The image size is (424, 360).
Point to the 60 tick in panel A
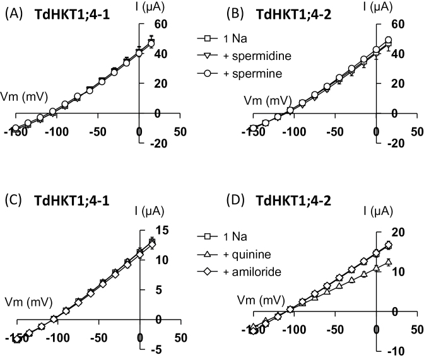[x=151, y=24]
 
